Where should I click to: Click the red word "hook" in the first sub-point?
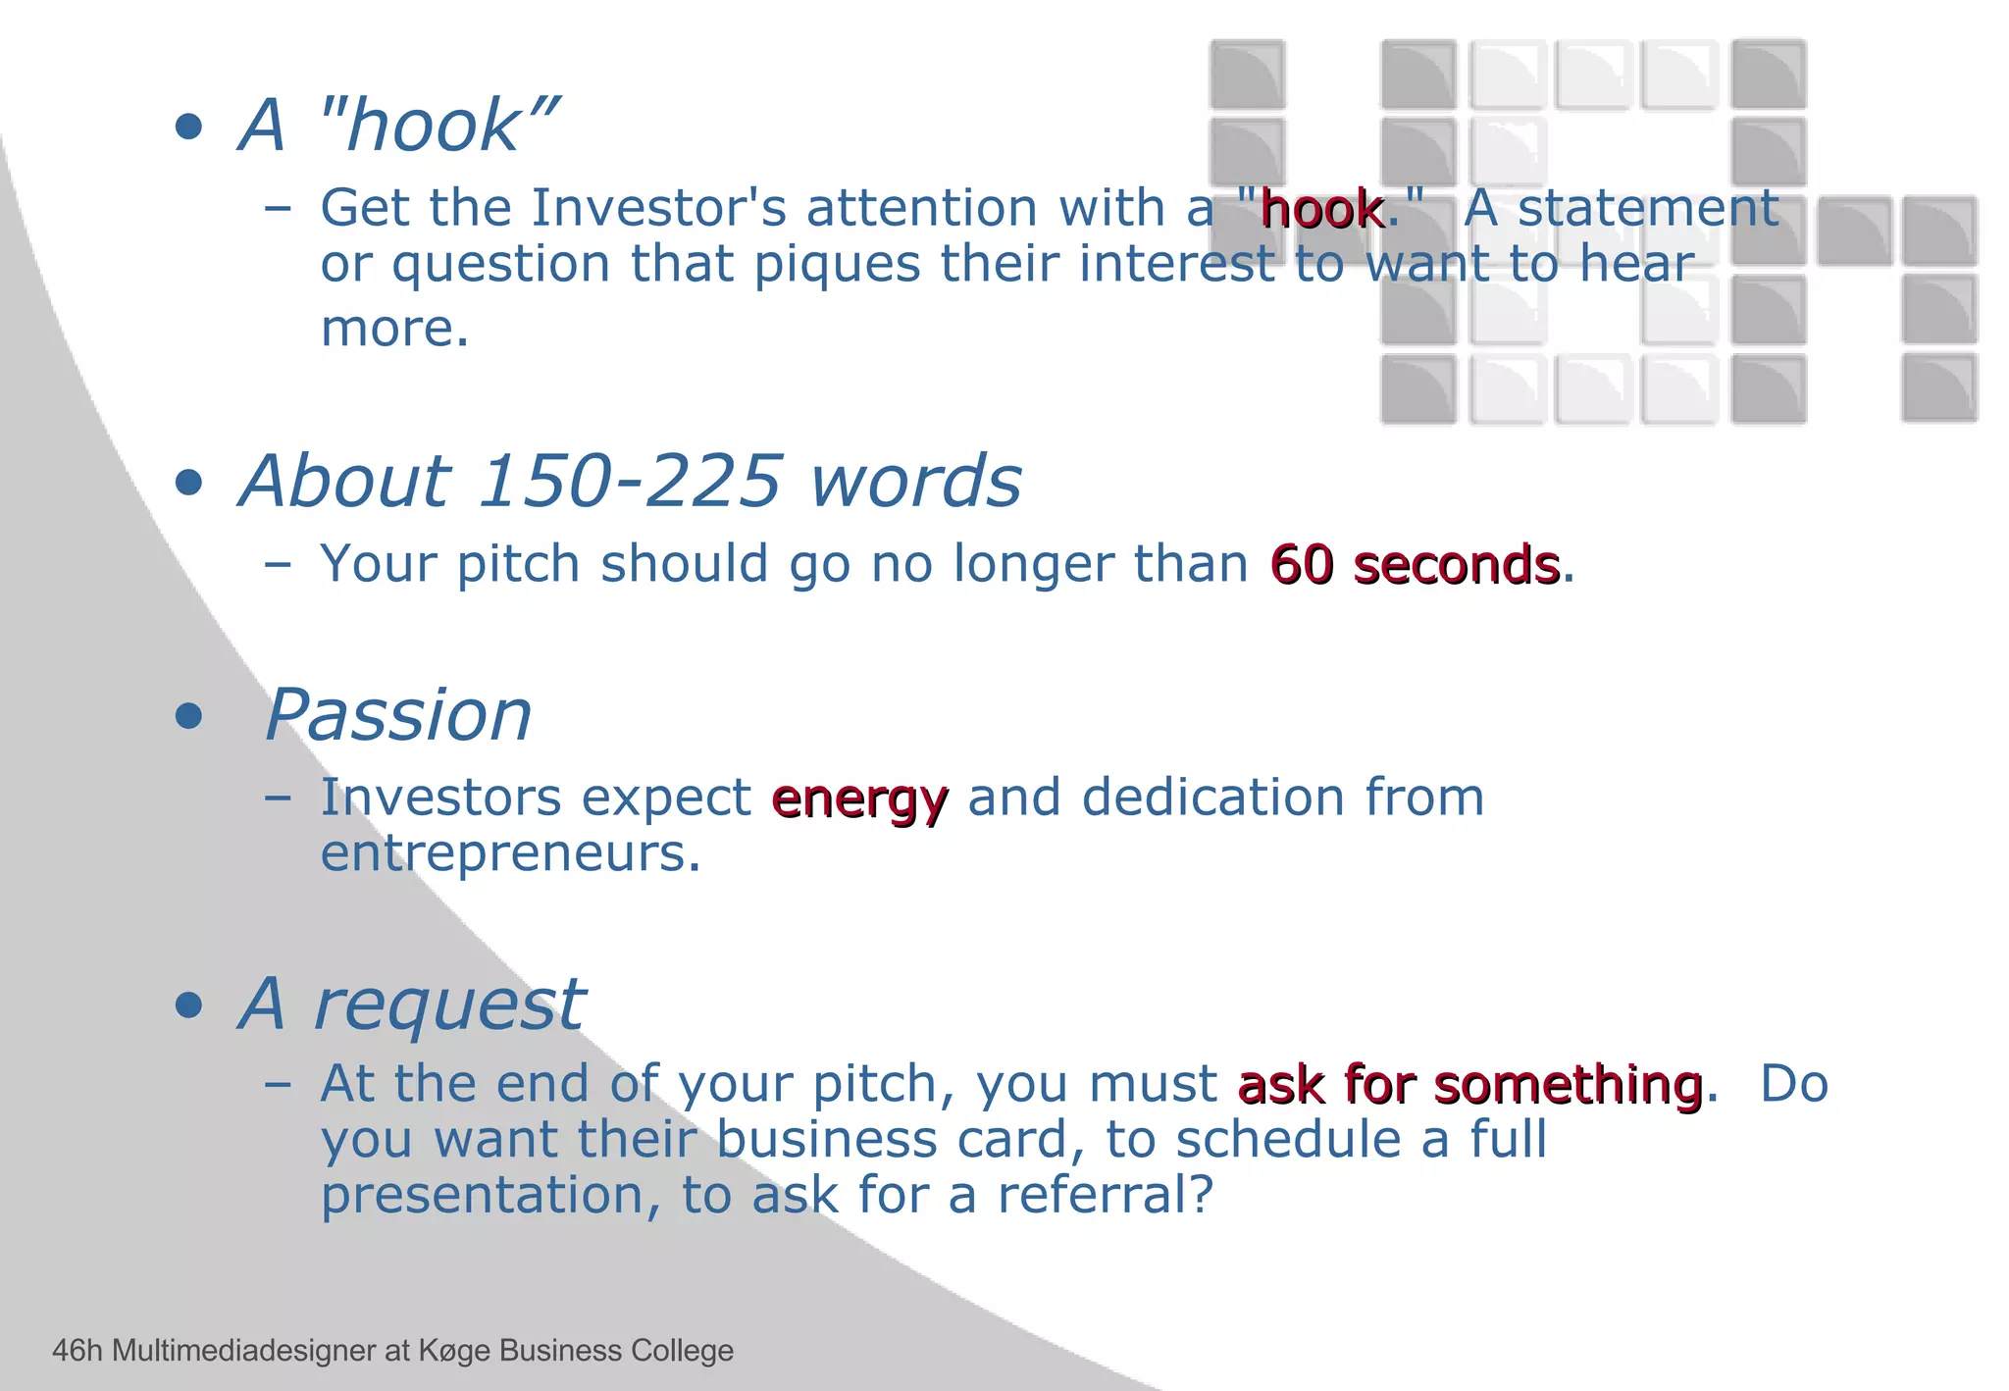(1321, 210)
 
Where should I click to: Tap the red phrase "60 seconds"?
(1415, 566)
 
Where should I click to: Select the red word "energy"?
(859, 799)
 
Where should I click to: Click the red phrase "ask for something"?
(1469, 1086)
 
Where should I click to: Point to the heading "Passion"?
(398, 715)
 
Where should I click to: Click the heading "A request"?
(412, 1005)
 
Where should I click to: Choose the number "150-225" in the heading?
(632, 482)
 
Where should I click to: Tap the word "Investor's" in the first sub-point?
(658, 208)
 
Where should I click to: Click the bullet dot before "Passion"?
(188, 716)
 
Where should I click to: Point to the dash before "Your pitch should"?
(278, 565)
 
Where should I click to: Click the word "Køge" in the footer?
(454, 1351)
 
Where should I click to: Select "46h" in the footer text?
(77, 1351)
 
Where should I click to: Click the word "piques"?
(837, 265)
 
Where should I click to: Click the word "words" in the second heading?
(916, 482)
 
